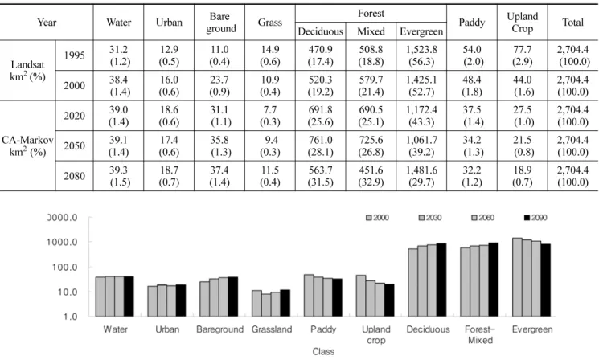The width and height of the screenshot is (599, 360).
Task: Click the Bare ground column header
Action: pyautogui.click(x=219, y=22)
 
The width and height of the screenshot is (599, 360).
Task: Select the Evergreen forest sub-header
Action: pyautogui.click(x=421, y=31)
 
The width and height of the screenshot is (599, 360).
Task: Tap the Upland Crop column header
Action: pyautogui.click(x=522, y=22)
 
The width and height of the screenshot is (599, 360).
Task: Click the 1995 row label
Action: pyautogui.click(x=75, y=55)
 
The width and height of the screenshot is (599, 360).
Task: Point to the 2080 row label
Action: pyautogui.click(x=75, y=176)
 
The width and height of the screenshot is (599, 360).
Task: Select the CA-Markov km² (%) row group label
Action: pyautogui.click(x=27, y=145)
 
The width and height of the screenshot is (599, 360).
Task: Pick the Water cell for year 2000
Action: pyautogui.click(x=119, y=86)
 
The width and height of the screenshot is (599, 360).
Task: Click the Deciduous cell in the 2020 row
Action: pyautogui.click(x=321, y=116)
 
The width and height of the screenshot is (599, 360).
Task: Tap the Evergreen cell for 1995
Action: pyautogui.click(x=421, y=55)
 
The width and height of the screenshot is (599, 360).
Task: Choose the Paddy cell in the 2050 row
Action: pyautogui.click(x=472, y=146)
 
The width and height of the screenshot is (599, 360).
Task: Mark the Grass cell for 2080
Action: pyautogui.click(x=270, y=176)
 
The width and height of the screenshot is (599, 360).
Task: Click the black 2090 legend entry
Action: pyautogui.click(x=535, y=218)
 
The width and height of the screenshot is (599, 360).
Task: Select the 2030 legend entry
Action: pyautogui.click(x=430, y=218)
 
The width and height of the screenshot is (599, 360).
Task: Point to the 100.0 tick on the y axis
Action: pyautogui.click(x=64, y=268)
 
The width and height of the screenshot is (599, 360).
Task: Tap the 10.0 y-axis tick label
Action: pyautogui.click(x=68, y=292)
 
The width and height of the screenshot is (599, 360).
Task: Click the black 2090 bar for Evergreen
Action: pyautogui.click(x=546, y=280)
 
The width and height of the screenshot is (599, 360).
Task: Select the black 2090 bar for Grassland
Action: pyautogui.click(x=285, y=303)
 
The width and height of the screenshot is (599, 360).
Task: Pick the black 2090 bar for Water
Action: pyautogui.click(x=129, y=297)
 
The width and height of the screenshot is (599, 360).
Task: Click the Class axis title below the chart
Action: pyautogui.click(x=323, y=352)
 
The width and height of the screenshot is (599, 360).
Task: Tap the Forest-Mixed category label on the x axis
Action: pyautogui.click(x=480, y=335)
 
